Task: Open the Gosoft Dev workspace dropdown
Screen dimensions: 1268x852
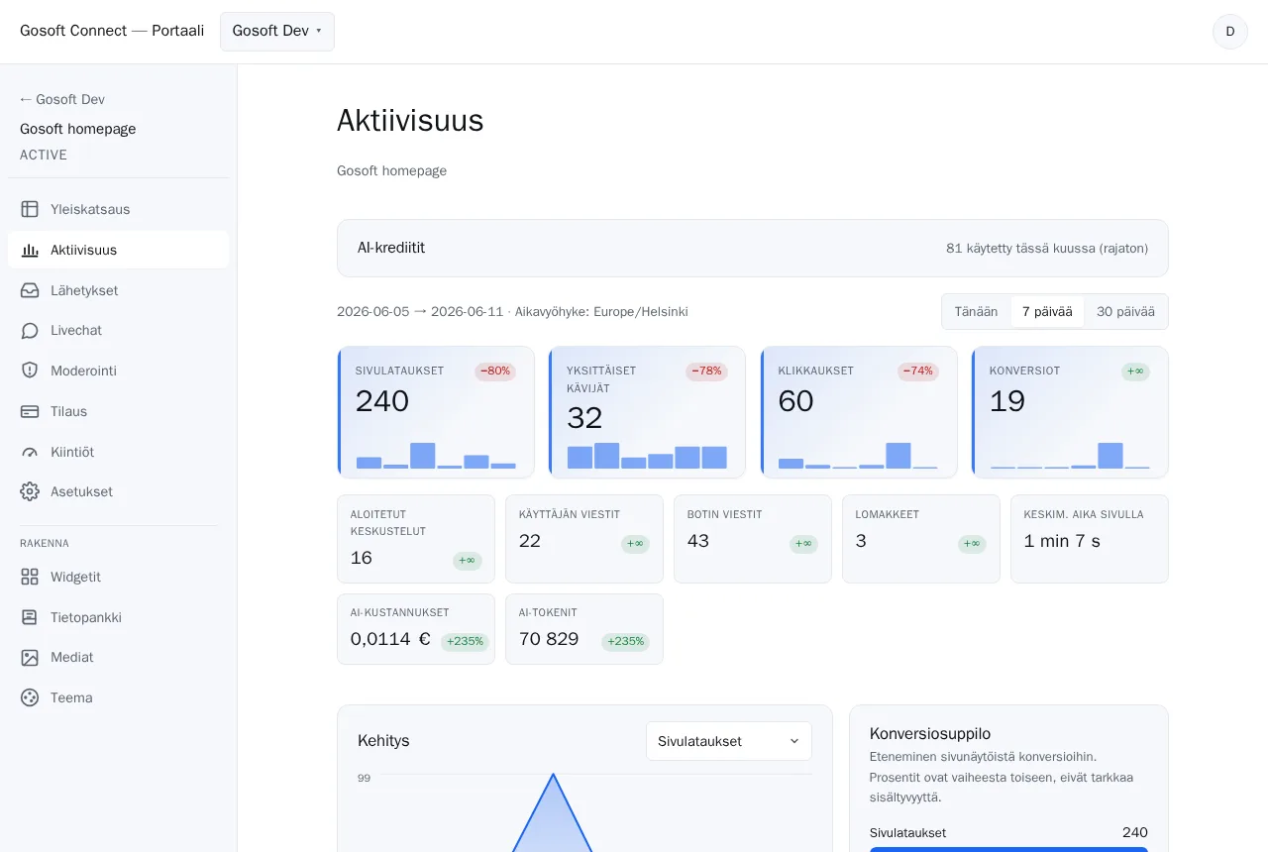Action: [x=276, y=31]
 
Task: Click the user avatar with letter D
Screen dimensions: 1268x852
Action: [x=1229, y=32]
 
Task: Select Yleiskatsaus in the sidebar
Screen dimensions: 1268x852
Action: [x=90, y=209]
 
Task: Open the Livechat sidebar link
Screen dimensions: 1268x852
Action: [x=76, y=330]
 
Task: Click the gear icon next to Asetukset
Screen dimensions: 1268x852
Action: [x=30, y=491]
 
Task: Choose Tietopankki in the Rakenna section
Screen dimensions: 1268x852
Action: [x=85, y=617]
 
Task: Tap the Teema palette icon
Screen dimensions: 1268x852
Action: [x=30, y=697]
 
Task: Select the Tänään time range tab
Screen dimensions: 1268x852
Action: [x=976, y=311]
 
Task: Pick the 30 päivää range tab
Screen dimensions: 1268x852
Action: [x=1125, y=311]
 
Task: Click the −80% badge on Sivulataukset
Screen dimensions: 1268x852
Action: [x=495, y=371]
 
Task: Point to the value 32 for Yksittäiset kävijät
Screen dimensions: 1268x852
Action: [x=584, y=418]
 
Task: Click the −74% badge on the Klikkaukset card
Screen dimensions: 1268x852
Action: [x=917, y=371]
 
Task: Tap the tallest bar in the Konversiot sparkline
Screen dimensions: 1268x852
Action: [x=1110, y=456]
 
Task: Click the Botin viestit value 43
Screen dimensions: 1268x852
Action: [x=698, y=541]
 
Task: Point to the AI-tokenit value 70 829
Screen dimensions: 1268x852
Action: [x=549, y=639]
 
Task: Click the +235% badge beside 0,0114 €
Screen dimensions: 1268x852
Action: [x=465, y=641]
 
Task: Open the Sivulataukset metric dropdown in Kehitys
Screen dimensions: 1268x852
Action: [x=728, y=741]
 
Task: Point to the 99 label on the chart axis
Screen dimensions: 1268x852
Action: [x=364, y=778]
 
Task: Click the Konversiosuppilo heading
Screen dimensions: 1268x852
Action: [x=929, y=734]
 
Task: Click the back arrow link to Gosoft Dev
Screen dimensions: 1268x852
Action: [x=62, y=100]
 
